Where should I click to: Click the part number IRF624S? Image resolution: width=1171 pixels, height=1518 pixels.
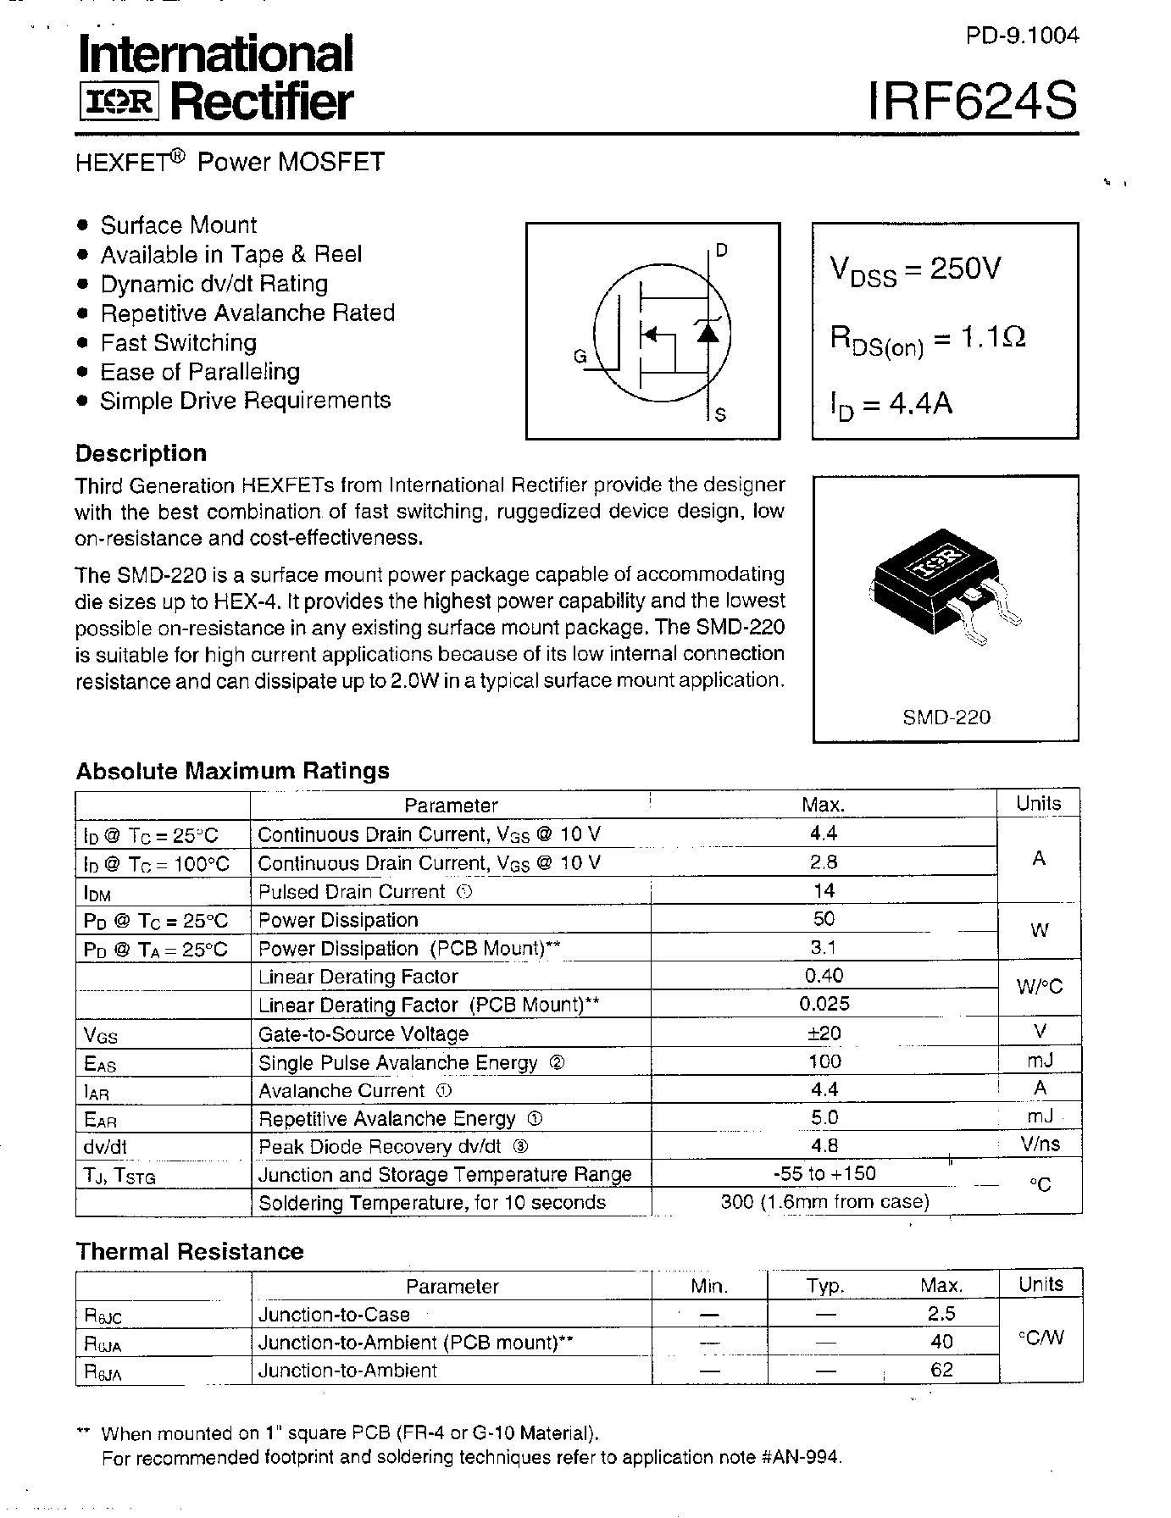tap(973, 102)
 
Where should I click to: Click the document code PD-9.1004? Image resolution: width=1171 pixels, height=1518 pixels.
tap(1022, 36)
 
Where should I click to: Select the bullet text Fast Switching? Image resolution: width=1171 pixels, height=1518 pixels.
tap(178, 342)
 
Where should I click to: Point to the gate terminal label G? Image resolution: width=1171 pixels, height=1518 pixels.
tap(580, 357)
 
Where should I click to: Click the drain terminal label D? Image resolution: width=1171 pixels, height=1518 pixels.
tap(721, 250)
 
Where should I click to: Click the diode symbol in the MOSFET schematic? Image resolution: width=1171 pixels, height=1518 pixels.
tap(708, 331)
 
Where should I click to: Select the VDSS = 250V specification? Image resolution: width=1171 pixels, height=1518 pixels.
tap(915, 270)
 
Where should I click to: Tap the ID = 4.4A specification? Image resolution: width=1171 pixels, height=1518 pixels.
tap(891, 405)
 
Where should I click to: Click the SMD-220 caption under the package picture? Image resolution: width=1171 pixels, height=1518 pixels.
tap(946, 717)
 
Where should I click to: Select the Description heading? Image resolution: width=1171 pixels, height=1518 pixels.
tap(141, 453)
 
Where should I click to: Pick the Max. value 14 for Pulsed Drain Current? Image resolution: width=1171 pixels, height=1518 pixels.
tap(823, 890)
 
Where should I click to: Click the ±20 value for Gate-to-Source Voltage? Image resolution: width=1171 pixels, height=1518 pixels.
tap(824, 1033)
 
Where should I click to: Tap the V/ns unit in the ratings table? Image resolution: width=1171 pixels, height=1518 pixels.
tap(1040, 1144)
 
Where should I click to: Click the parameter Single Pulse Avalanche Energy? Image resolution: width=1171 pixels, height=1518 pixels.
tap(397, 1062)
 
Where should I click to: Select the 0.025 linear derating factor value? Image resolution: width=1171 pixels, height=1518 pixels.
tap(824, 1004)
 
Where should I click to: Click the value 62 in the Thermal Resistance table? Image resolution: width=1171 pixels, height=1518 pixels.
tap(941, 1370)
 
